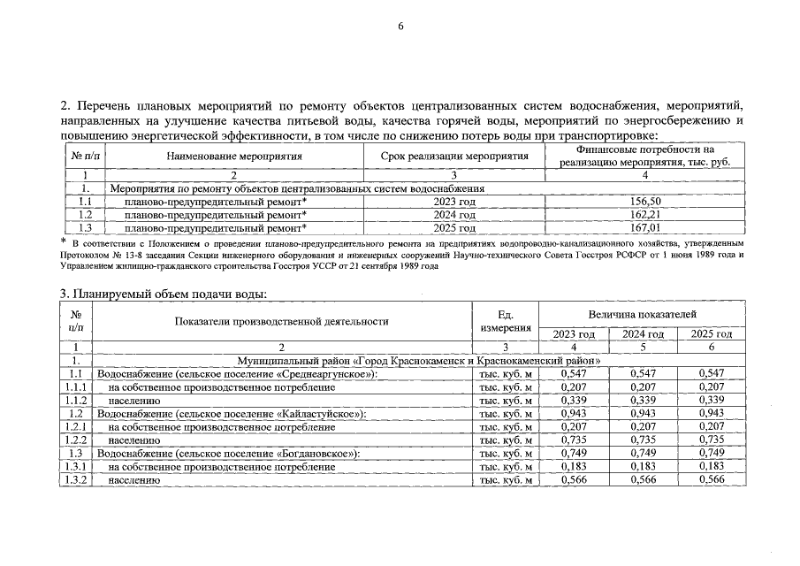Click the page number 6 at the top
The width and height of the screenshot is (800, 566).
pyautogui.click(x=400, y=27)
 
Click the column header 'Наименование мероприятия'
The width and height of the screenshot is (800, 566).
pyautogui.click(x=234, y=157)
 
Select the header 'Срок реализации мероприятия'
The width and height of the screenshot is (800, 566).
pyautogui.click(x=455, y=157)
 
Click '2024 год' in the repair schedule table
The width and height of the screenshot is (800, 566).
pyautogui.click(x=455, y=214)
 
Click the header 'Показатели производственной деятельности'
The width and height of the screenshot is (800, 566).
pyautogui.click(x=281, y=321)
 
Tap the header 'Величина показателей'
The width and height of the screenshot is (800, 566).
pyautogui.click(x=642, y=314)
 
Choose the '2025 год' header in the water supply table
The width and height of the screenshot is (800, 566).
pyautogui.click(x=711, y=334)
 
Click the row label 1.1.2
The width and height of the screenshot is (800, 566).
pyautogui.click(x=76, y=400)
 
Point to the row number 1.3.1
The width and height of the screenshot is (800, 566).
pyautogui.click(x=76, y=466)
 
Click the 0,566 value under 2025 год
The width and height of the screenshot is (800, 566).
pyautogui.click(x=711, y=479)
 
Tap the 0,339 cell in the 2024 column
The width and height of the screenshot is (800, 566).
pyautogui.click(x=643, y=400)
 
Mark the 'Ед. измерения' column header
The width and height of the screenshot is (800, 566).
pyautogui.click(x=506, y=321)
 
